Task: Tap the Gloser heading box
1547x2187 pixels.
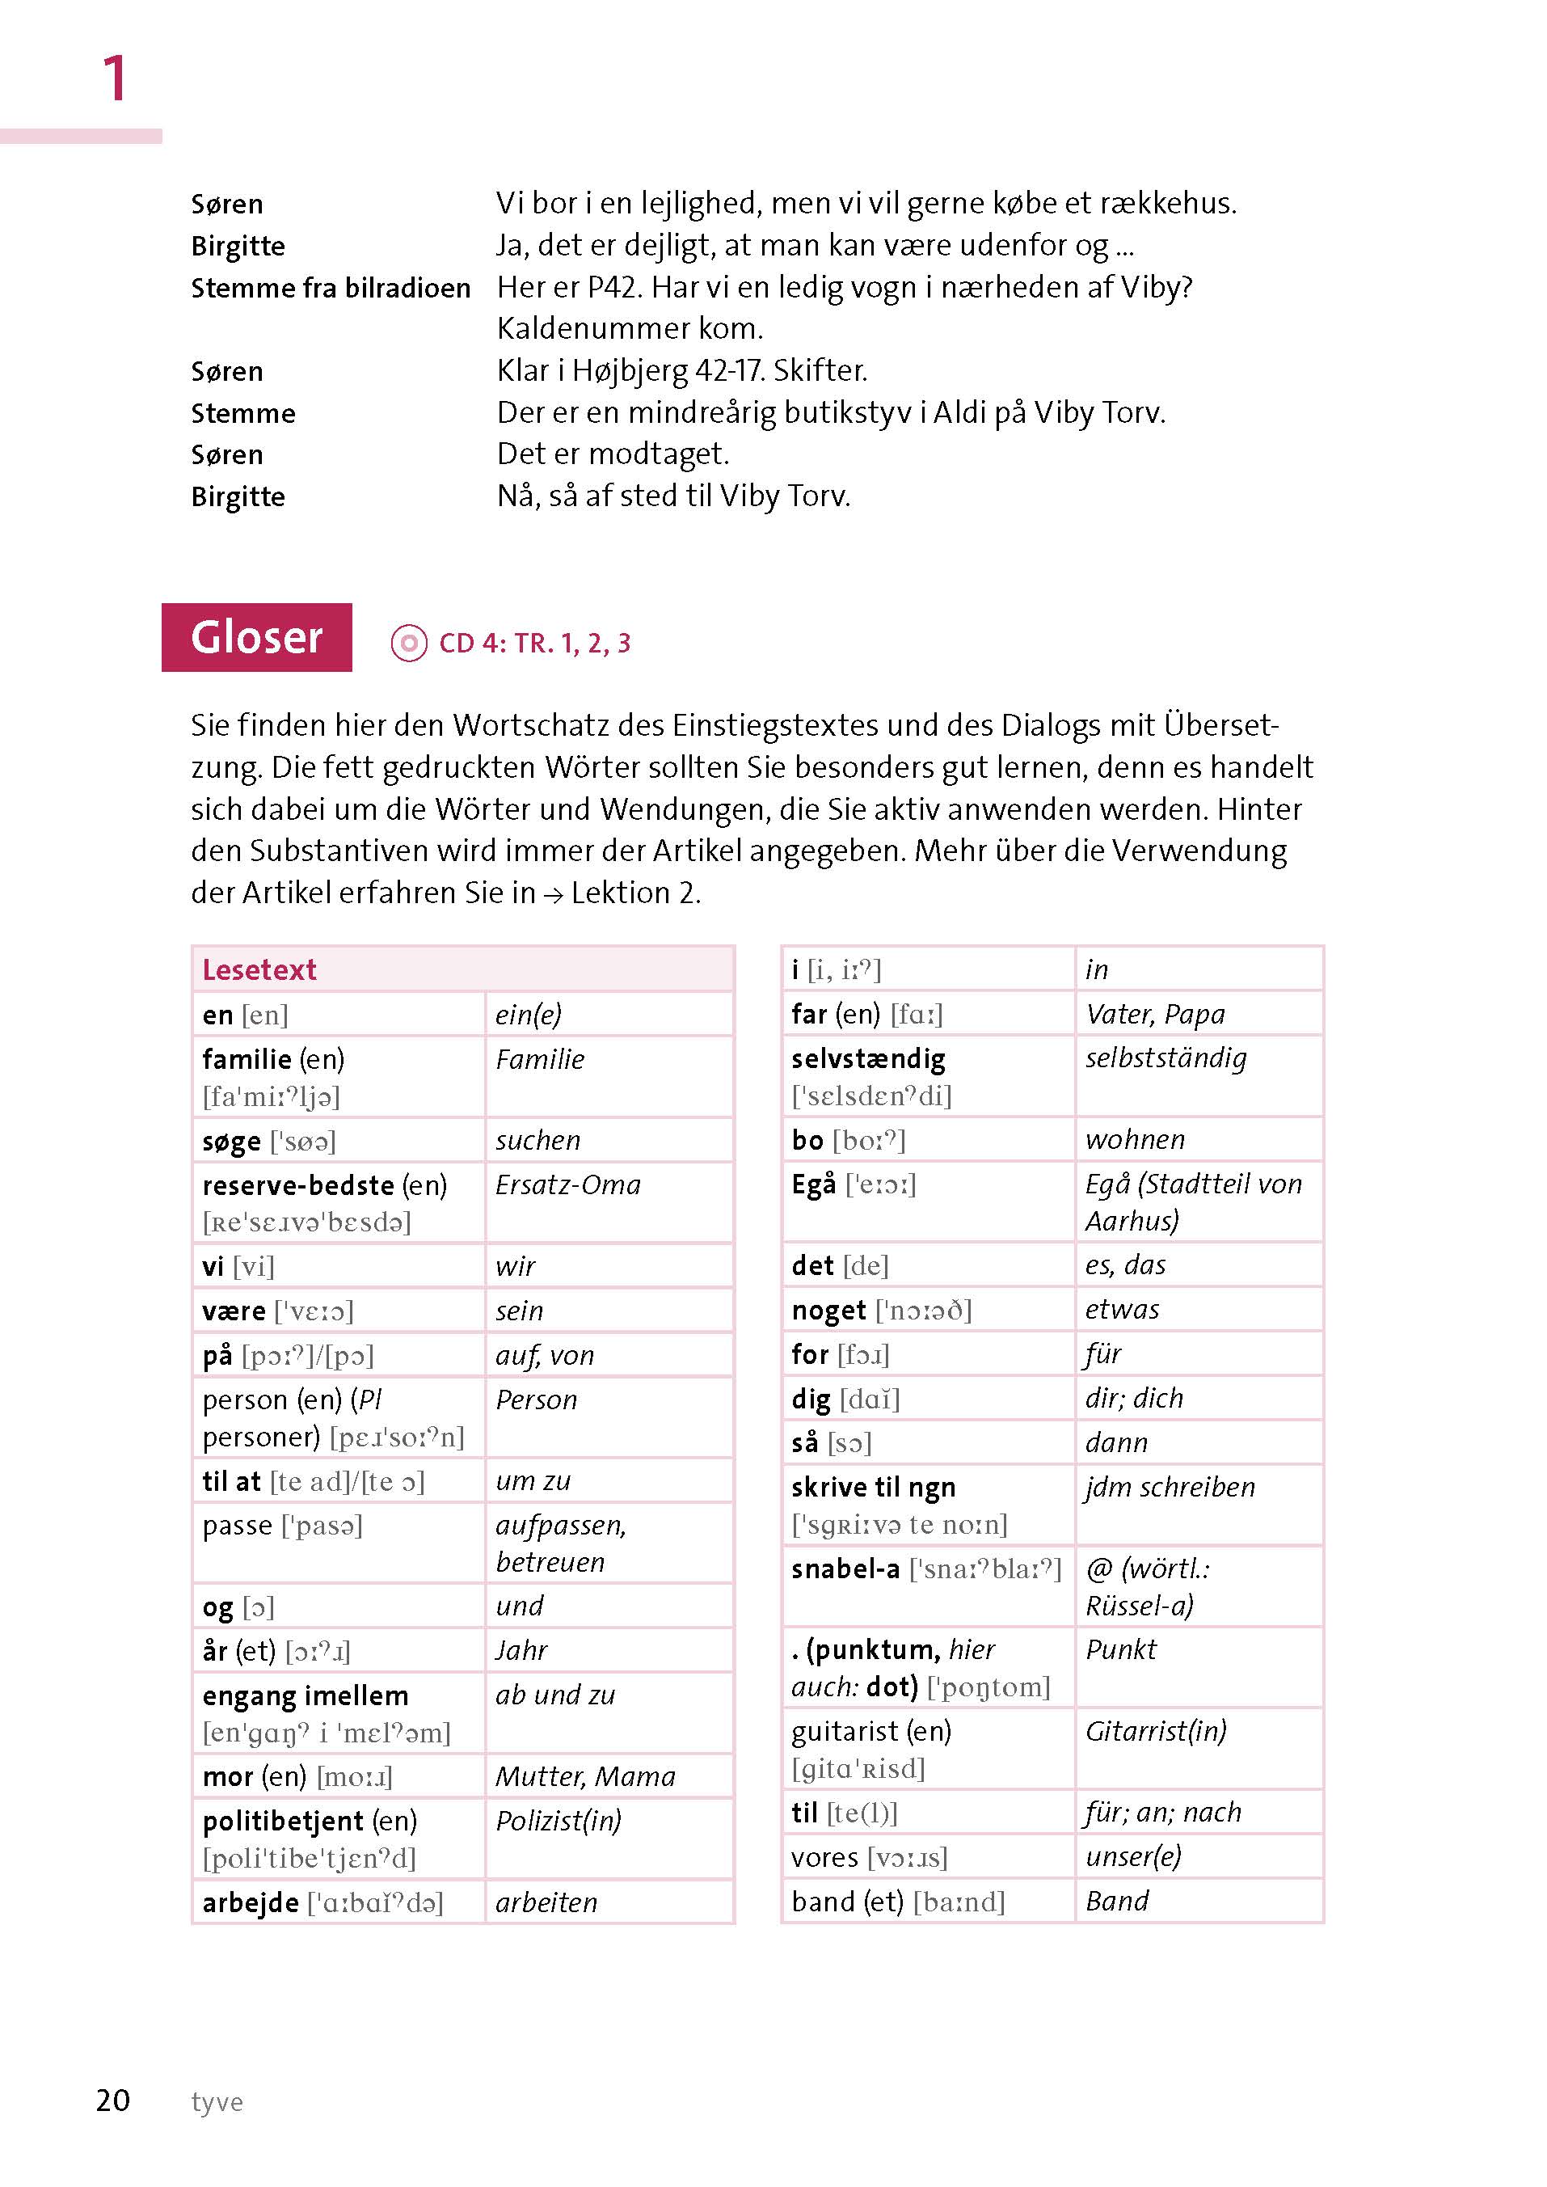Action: tap(256, 638)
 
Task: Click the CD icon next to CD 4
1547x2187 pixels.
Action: tap(409, 644)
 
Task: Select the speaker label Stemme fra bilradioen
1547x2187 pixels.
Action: tap(331, 288)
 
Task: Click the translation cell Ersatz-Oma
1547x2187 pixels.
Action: tap(569, 1184)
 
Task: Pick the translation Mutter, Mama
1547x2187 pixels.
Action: tap(586, 1776)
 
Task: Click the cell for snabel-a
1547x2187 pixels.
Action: tap(927, 1586)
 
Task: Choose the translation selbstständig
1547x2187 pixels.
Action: tap(1166, 1058)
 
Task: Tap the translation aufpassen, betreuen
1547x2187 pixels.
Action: tap(561, 1543)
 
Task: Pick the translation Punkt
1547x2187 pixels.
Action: tap(1121, 1649)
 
